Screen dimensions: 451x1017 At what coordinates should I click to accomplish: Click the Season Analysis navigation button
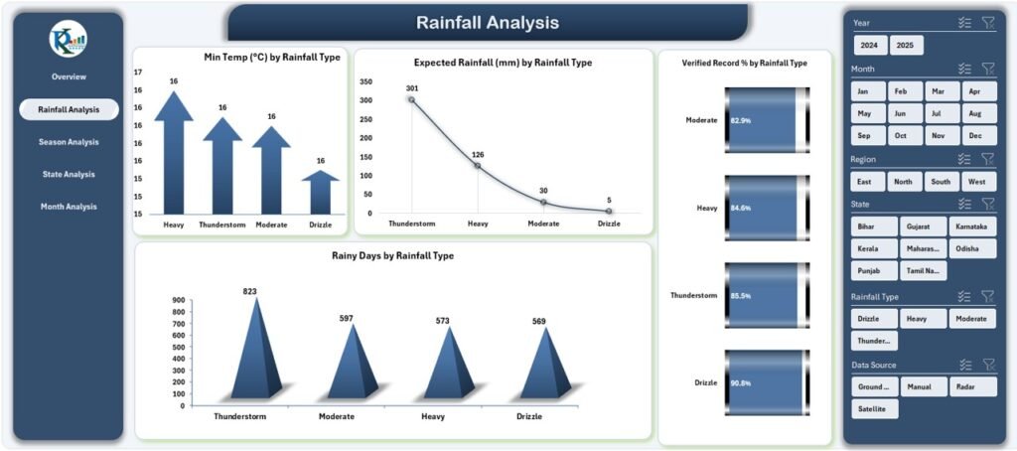pos(69,142)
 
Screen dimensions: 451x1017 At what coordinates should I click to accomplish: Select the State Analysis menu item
pos(69,175)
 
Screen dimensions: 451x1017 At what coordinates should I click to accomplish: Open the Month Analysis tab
pos(69,207)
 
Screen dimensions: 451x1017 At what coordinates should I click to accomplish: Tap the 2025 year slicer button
pos(905,46)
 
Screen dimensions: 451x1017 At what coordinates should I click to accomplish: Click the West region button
pos(976,182)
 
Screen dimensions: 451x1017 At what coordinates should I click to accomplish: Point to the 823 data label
pos(249,291)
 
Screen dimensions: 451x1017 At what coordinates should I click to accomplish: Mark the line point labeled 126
pos(478,166)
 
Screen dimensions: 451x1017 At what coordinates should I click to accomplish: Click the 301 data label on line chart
pos(412,88)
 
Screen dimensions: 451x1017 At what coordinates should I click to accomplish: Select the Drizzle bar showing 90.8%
pos(767,382)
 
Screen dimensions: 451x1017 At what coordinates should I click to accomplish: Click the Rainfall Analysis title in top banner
pos(487,23)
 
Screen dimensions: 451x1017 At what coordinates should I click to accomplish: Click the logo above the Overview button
pos(69,39)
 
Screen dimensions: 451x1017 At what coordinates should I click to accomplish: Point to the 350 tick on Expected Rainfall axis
pos(366,82)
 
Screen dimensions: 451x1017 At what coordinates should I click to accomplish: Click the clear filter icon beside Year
pos(987,23)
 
